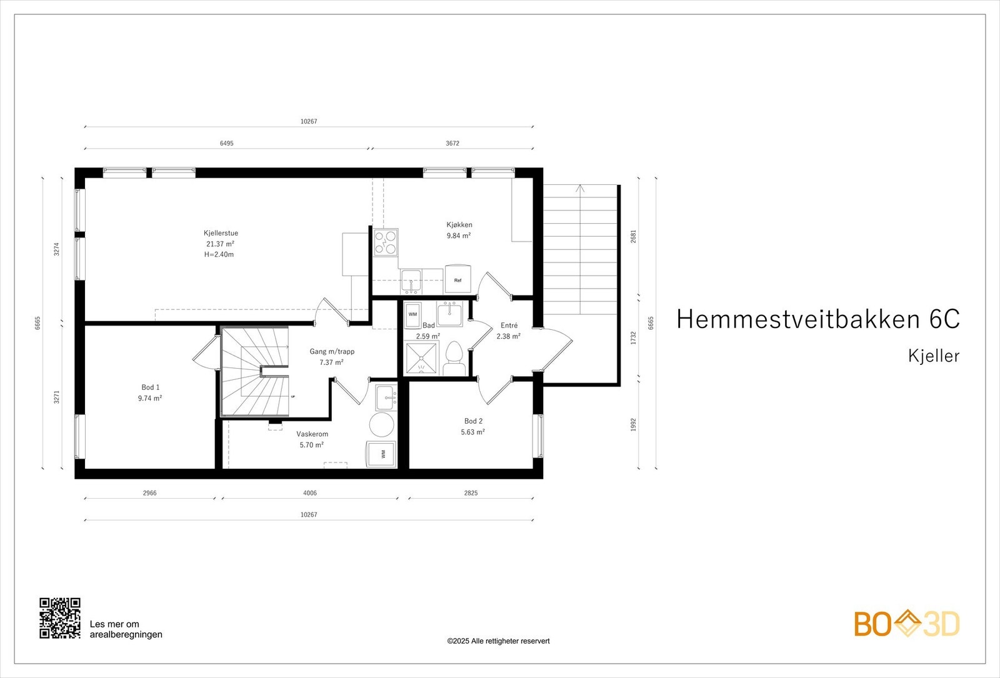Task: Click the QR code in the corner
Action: click(x=60, y=618)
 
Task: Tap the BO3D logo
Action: click(x=907, y=624)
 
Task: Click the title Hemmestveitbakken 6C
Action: click(x=817, y=319)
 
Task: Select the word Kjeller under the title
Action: click(x=933, y=356)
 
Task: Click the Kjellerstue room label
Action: click(x=221, y=233)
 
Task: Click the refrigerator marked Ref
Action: click(x=458, y=279)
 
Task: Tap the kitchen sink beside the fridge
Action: click(x=411, y=281)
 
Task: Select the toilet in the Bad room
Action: click(x=454, y=359)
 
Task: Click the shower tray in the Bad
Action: click(x=422, y=357)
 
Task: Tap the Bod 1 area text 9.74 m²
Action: click(x=150, y=398)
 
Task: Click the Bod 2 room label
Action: click(x=473, y=421)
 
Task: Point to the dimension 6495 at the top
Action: click(x=226, y=143)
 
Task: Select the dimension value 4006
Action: click(x=310, y=493)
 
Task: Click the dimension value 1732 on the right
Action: click(x=633, y=338)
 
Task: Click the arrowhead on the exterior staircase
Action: click(x=581, y=187)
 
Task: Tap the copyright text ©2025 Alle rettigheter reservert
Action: click(x=498, y=641)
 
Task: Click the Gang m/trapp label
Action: click(x=332, y=351)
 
